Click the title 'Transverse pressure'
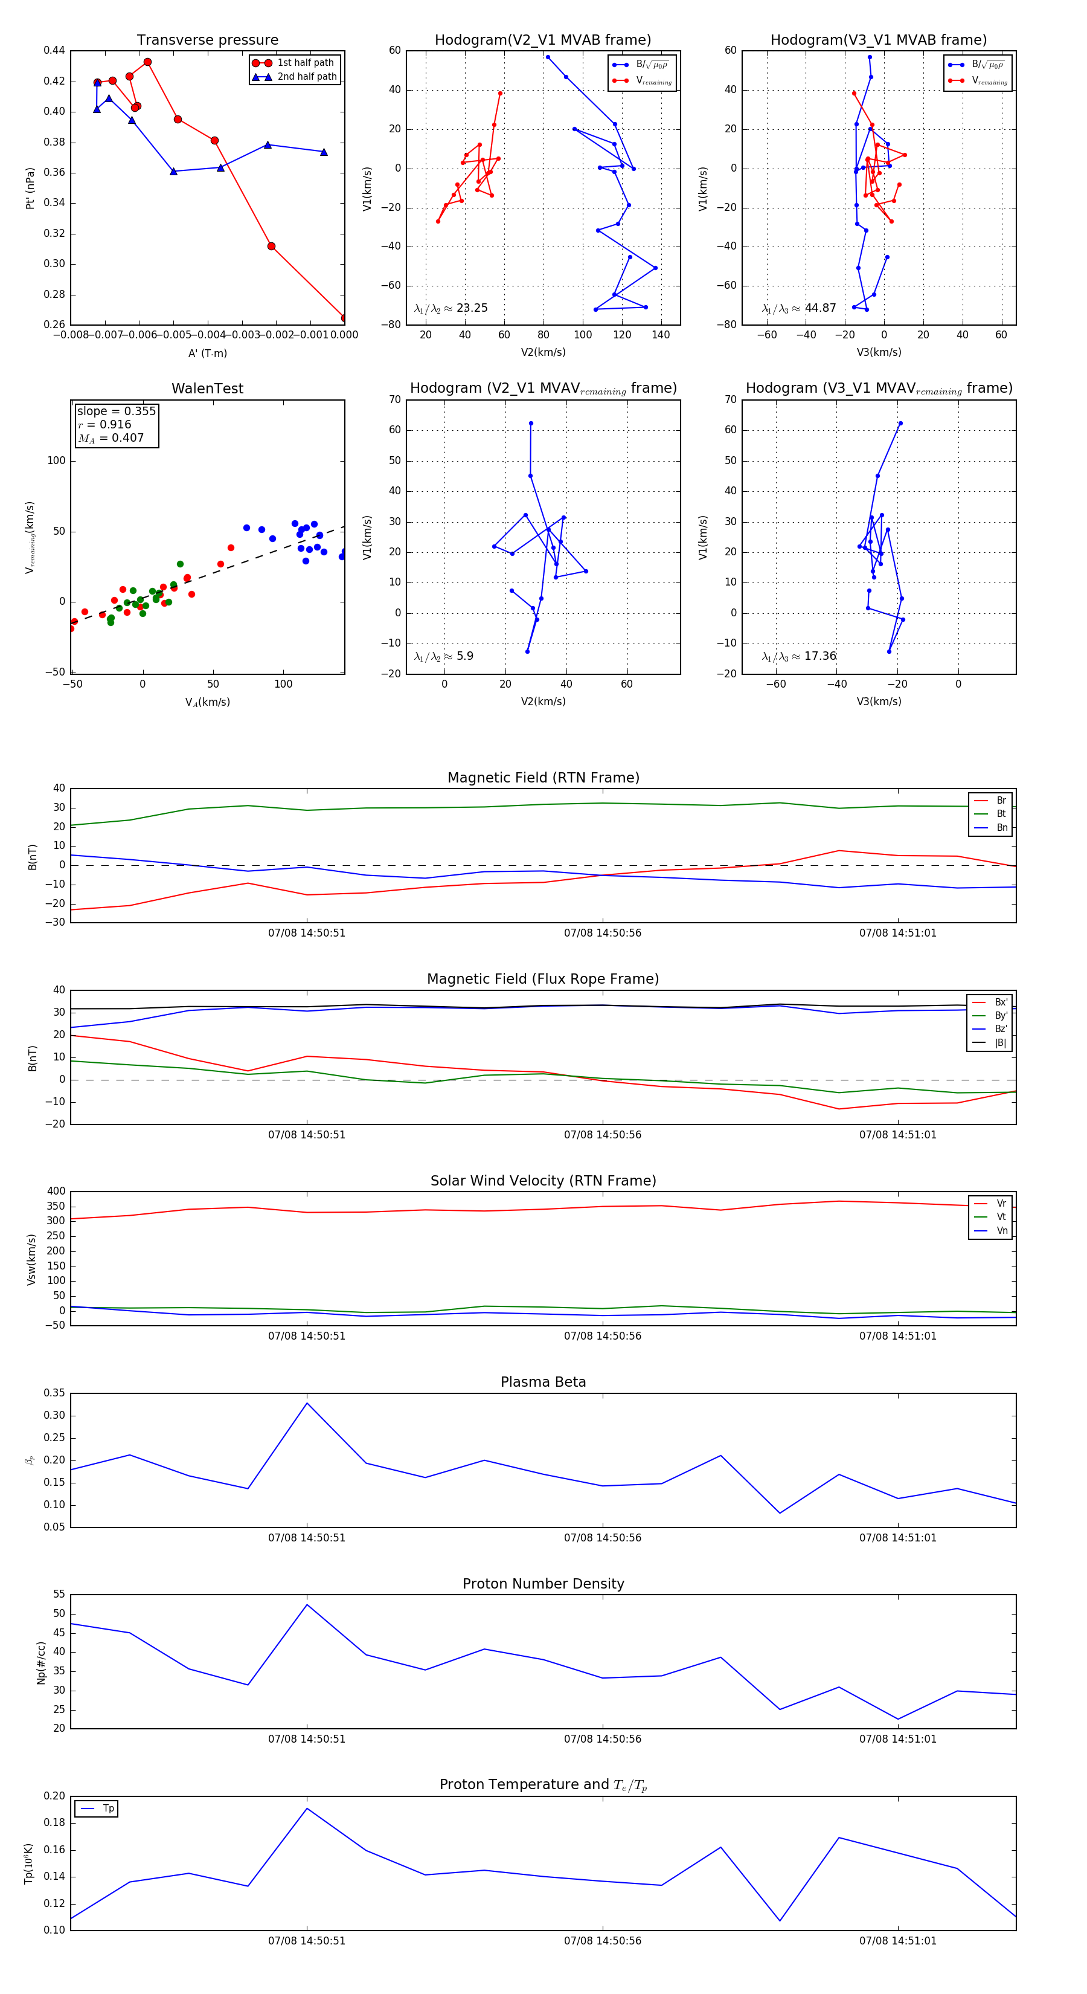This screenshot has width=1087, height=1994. click(x=207, y=40)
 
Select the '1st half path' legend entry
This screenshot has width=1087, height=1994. click(x=305, y=63)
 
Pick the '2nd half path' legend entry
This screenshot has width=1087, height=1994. click(x=306, y=77)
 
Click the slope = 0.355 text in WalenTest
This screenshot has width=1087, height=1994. click(x=116, y=411)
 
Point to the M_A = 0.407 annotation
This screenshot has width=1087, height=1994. click(x=111, y=438)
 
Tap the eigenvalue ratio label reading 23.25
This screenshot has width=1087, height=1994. click(x=451, y=308)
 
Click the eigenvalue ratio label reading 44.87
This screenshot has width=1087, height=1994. click(x=799, y=308)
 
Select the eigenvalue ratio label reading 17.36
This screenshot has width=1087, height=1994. click(x=799, y=656)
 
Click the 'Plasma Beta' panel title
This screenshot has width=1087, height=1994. click(x=543, y=1382)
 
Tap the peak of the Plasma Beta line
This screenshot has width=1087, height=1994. click(x=307, y=1402)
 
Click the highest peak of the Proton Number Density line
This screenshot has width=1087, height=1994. click(x=307, y=1605)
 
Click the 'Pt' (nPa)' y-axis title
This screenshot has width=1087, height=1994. click(x=30, y=188)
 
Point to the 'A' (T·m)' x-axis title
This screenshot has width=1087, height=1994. click(x=207, y=353)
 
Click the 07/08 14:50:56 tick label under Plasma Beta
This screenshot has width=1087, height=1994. click(x=602, y=1537)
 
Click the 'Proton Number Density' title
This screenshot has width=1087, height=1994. click(x=543, y=1584)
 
